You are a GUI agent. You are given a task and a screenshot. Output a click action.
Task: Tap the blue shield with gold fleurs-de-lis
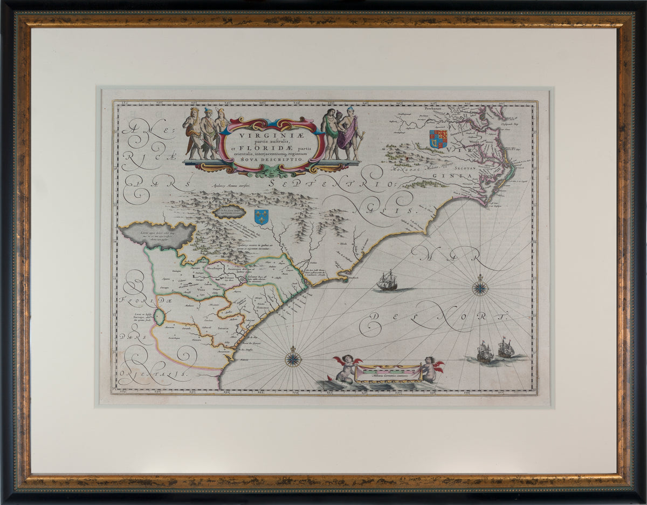261,216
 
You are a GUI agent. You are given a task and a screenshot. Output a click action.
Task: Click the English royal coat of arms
438,139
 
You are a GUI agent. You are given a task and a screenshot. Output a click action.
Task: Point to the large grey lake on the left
157,235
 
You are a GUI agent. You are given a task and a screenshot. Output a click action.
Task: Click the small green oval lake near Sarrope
159,317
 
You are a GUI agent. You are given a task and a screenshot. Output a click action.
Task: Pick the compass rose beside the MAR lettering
480,288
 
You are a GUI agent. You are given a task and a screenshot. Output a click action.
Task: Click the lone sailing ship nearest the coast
387,281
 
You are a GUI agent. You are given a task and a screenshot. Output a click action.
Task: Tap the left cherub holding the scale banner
346,369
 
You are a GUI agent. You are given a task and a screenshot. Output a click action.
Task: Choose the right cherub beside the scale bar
431,369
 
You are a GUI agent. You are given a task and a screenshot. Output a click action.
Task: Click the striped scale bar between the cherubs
388,372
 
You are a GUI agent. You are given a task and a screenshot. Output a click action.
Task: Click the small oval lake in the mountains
230,211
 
